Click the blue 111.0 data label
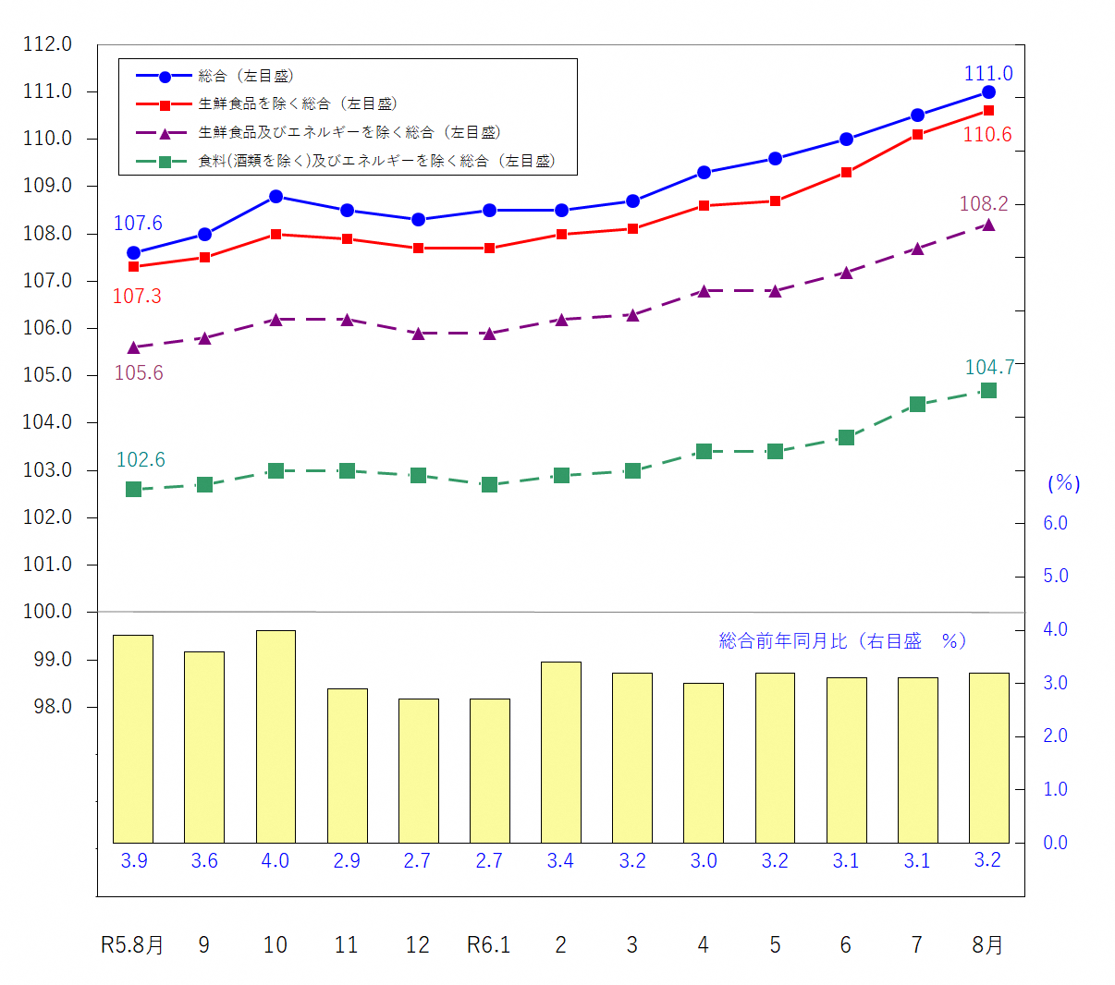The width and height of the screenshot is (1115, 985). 987,74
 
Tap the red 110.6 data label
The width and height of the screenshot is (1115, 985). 986,135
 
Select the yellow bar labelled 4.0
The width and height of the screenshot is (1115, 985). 276,736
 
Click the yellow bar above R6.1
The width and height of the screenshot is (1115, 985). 489,771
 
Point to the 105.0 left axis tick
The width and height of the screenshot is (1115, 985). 47,375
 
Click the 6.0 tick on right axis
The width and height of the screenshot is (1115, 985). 1055,523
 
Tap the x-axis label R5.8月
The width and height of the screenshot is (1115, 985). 132,945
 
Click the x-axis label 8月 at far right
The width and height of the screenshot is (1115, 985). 987,945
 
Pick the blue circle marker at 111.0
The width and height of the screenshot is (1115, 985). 988,91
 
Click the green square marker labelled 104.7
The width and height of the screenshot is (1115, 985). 988,391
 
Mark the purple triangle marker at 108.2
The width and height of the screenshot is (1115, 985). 988,225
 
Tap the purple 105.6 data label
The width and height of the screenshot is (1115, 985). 139,373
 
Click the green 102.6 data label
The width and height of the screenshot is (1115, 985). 141,460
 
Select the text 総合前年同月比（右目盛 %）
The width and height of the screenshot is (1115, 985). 842,641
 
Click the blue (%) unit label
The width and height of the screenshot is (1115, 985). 1063,483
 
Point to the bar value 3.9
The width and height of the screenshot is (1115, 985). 133,861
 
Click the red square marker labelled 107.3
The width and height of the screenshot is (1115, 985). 133,267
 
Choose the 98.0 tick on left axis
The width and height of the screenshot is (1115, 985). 47,707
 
